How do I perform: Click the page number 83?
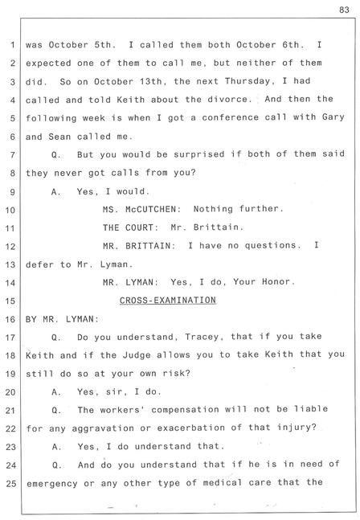(x=344, y=10)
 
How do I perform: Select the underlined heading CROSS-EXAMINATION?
(x=168, y=300)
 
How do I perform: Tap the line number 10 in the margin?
(x=10, y=210)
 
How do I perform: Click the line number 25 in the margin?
(x=10, y=483)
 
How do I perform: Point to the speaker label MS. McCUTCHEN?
(x=142, y=209)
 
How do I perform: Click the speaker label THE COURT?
(x=128, y=227)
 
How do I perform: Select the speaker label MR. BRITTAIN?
(x=139, y=246)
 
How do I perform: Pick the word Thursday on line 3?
(x=247, y=81)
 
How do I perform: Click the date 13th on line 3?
(x=151, y=82)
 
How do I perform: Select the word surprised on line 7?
(x=199, y=154)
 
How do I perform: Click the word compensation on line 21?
(x=185, y=410)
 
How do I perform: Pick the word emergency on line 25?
(x=52, y=484)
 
